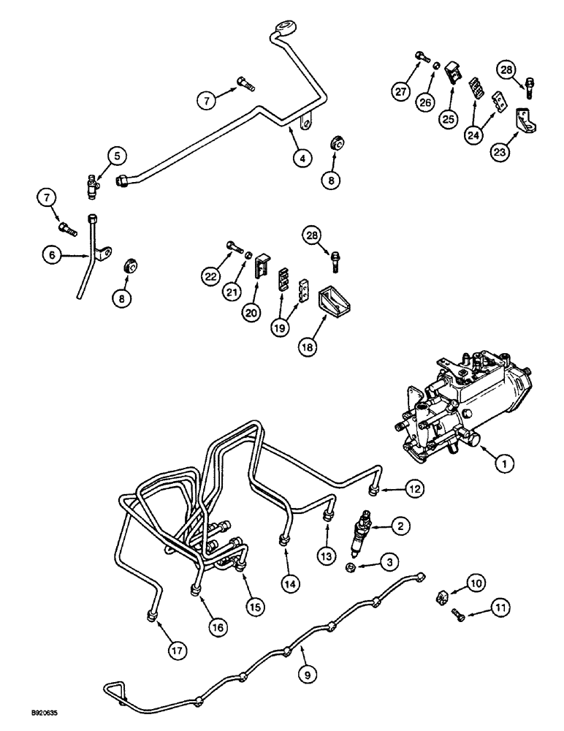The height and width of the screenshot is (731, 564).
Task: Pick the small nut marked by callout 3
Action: [352, 569]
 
